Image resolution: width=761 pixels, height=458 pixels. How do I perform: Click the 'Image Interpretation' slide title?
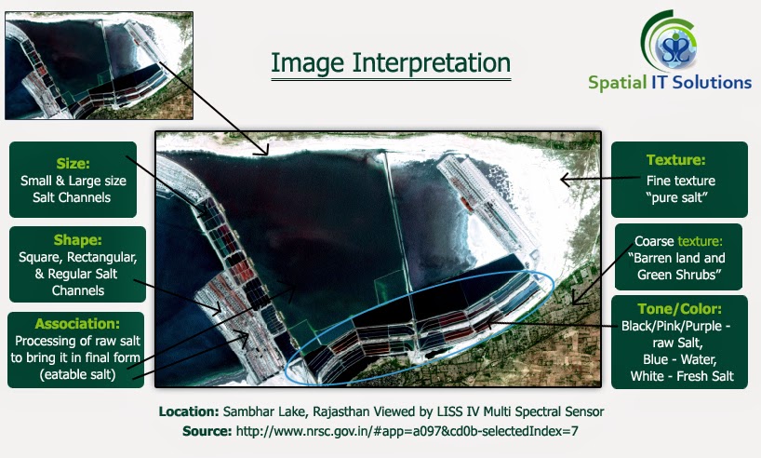[391, 63]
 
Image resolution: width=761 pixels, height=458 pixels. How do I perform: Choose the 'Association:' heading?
[76, 324]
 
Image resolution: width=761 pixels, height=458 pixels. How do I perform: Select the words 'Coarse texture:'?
[676, 240]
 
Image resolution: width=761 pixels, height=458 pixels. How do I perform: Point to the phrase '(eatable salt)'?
[77, 374]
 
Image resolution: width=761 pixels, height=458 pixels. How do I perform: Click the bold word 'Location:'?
[189, 411]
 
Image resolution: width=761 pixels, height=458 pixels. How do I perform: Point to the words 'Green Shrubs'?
[676, 275]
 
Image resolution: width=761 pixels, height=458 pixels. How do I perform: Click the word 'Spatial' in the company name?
[617, 82]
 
